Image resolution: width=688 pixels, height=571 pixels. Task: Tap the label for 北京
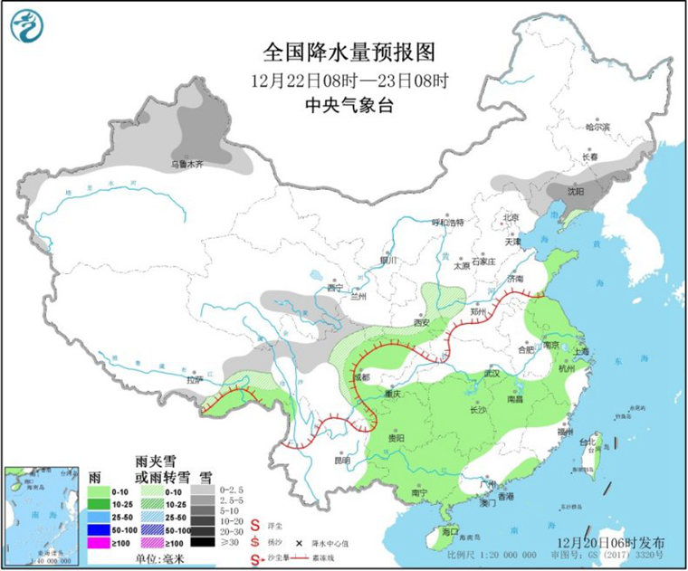[x=511, y=218]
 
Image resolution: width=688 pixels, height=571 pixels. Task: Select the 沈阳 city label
[x=576, y=192]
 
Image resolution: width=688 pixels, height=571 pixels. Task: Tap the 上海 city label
[x=580, y=351]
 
